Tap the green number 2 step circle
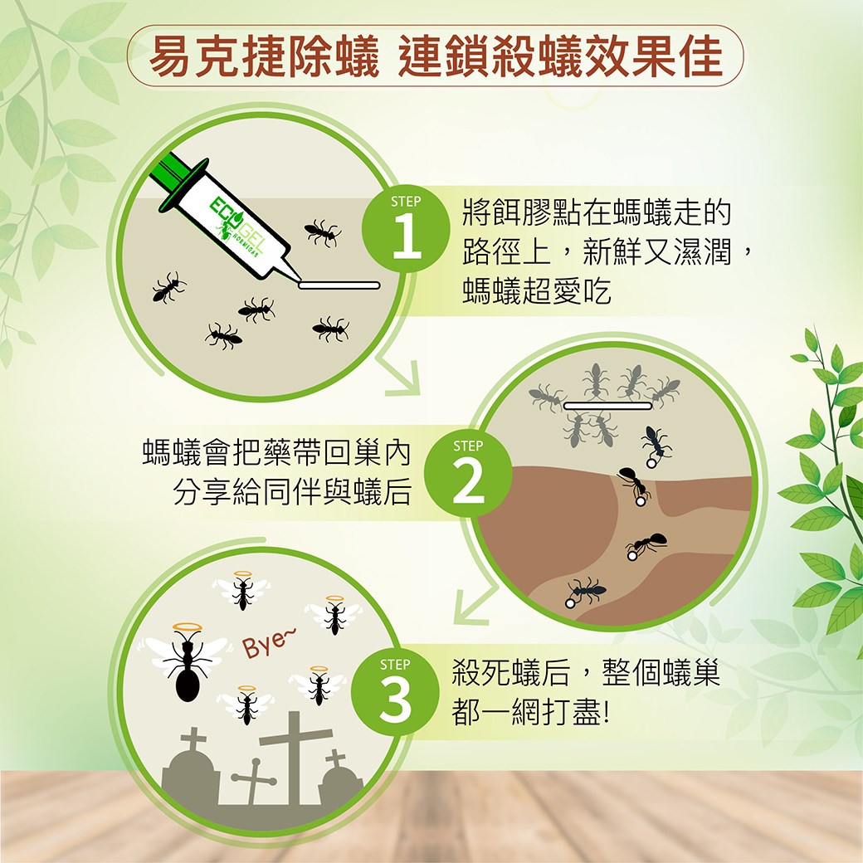468,472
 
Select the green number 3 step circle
395,690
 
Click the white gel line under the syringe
339,285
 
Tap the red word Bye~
268,642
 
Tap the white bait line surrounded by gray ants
607,406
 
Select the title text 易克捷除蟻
265,56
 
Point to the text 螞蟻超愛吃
537,292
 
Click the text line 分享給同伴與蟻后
292,492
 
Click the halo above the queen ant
188,627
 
